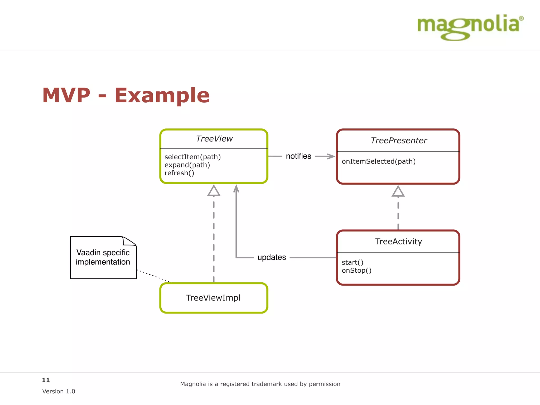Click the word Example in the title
(x=162, y=95)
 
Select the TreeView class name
(x=214, y=139)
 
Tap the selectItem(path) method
(x=192, y=157)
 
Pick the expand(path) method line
(x=187, y=165)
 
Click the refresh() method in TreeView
(x=179, y=173)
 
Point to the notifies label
(x=298, y=156)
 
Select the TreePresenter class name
(x=398, y=141)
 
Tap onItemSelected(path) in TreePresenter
(x=378, y=161)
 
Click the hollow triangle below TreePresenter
(x=398, y=192)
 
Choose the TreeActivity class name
(x=398, y=242)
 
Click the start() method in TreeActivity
(x=353, y=262)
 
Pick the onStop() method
(x=356, y=271)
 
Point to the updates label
(x=272, y=257)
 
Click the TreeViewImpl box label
(x=213, y=298)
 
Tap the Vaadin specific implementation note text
(x=103, y=257)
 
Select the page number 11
(x=46, y=380)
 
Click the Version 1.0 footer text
(x=59, y=391)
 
